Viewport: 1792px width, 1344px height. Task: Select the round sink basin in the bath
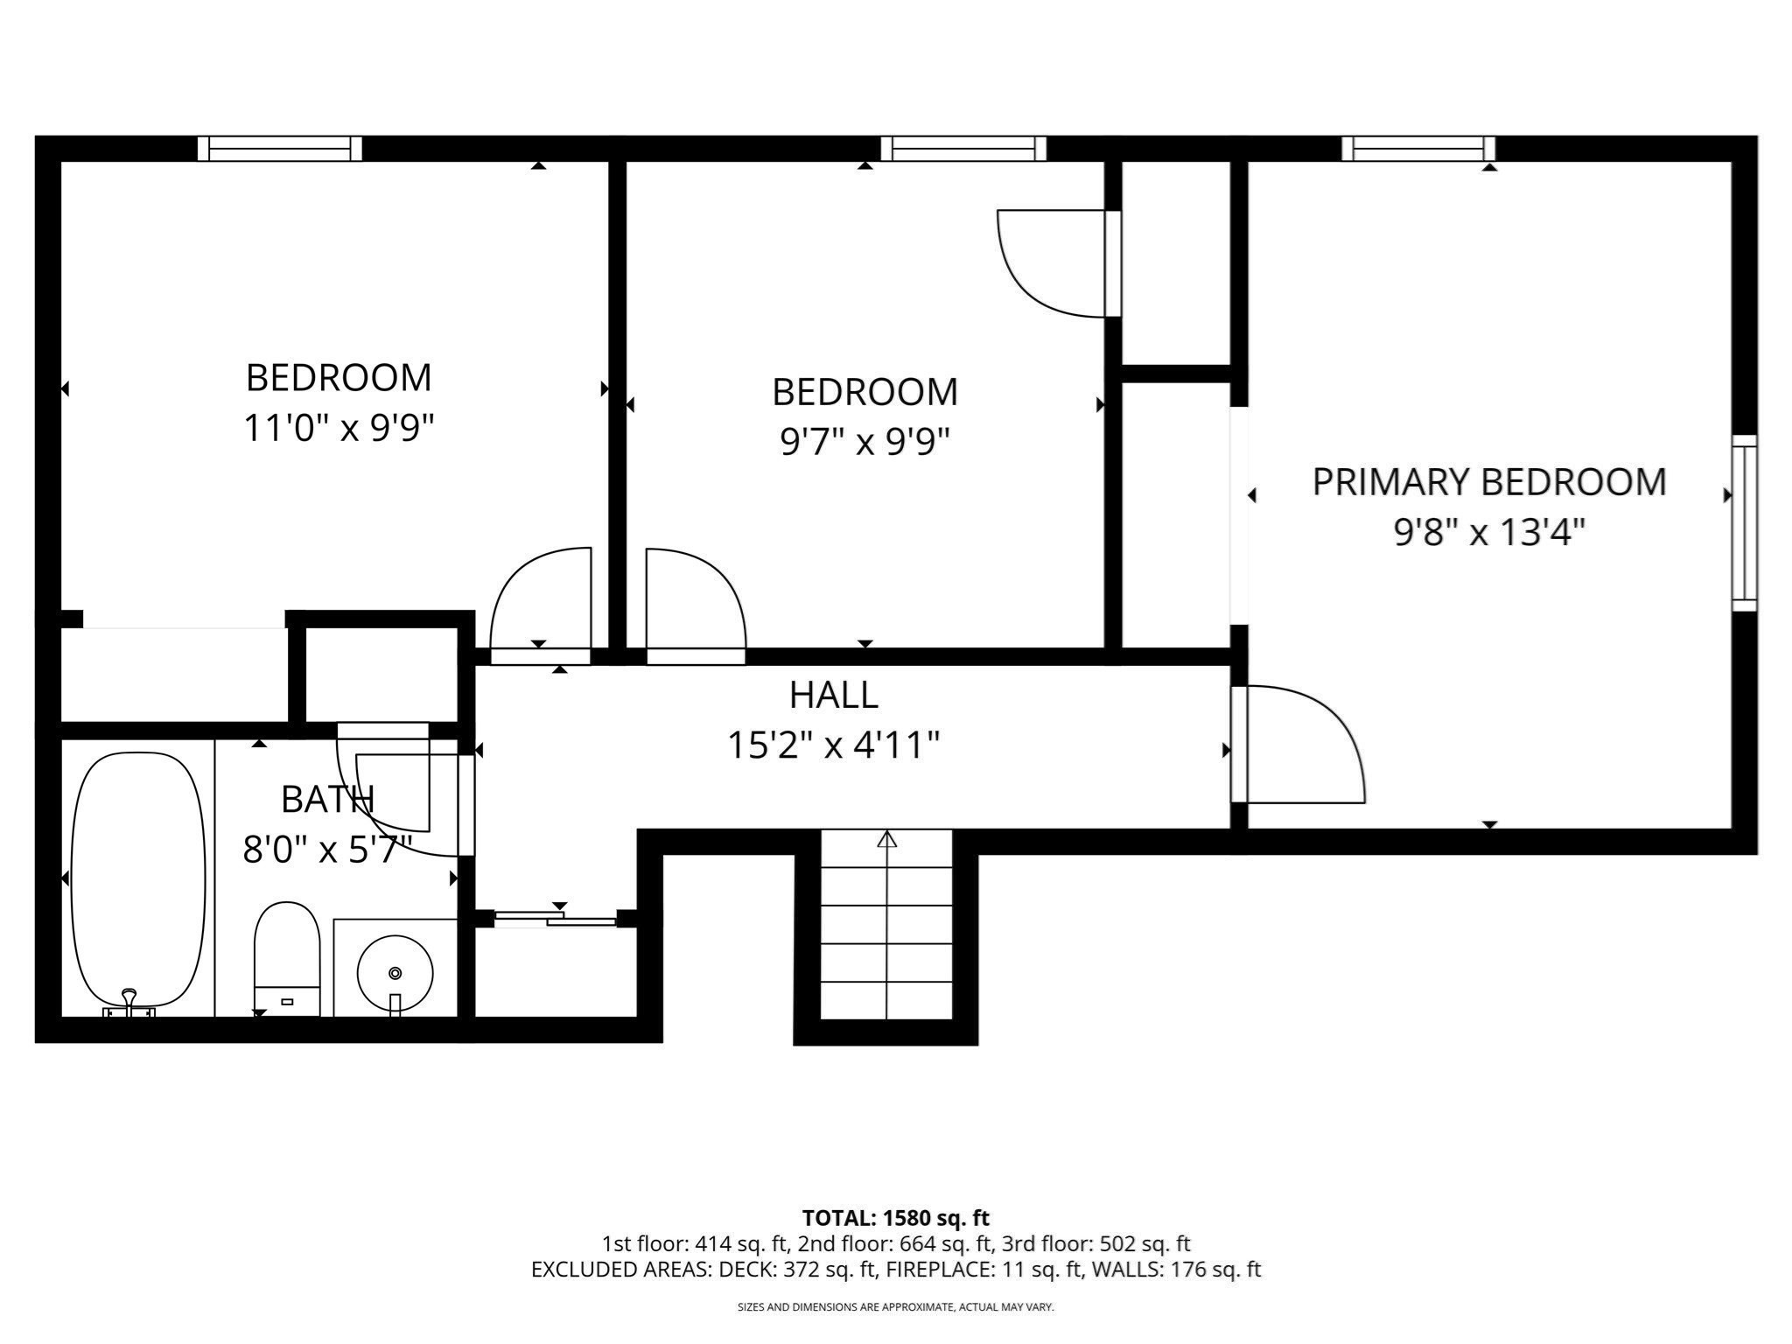[x=395, y=972]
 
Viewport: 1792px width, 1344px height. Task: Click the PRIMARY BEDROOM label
[x=1488, y=482]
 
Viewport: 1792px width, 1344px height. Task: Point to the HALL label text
[x=833, y=695]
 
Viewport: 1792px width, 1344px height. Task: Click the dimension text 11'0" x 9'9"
[x=339, y=429]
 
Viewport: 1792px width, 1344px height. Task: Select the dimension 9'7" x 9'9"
[x=864, y=442]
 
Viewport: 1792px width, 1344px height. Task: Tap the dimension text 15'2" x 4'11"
[x=833, y=745]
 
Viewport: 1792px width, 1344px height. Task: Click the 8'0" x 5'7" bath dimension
[x=326, y=850]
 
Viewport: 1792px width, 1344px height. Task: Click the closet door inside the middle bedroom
[x=1054, y=262]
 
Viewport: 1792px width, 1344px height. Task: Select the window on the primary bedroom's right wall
[x=1744, y=522]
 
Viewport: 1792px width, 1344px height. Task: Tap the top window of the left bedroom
[x=279, y=149]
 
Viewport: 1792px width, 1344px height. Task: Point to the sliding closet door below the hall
[x=556, y=919]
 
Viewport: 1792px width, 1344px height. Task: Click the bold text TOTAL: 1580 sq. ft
[x=895, y=1217]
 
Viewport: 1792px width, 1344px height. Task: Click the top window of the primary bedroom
[x=1417, y=149]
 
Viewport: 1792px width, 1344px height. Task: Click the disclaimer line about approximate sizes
[x=895, y=1307]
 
